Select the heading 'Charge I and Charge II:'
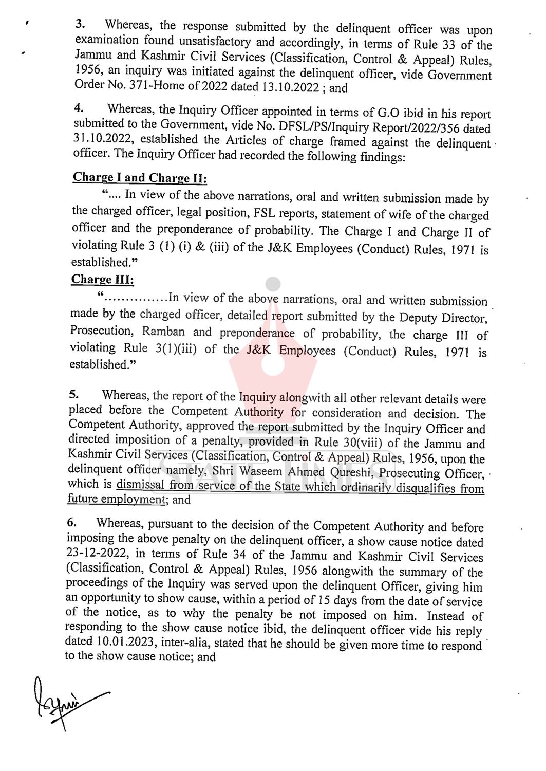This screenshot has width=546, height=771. pos(140,178)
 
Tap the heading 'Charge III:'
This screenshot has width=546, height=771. pos(103,280)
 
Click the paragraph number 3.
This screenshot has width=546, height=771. pos(81,24)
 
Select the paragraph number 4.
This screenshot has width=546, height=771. pos(79,109)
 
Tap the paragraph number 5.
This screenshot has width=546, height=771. pos(74,395)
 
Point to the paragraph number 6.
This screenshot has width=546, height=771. pos(72,522)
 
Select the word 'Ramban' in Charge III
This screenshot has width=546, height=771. pos(164,332)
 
